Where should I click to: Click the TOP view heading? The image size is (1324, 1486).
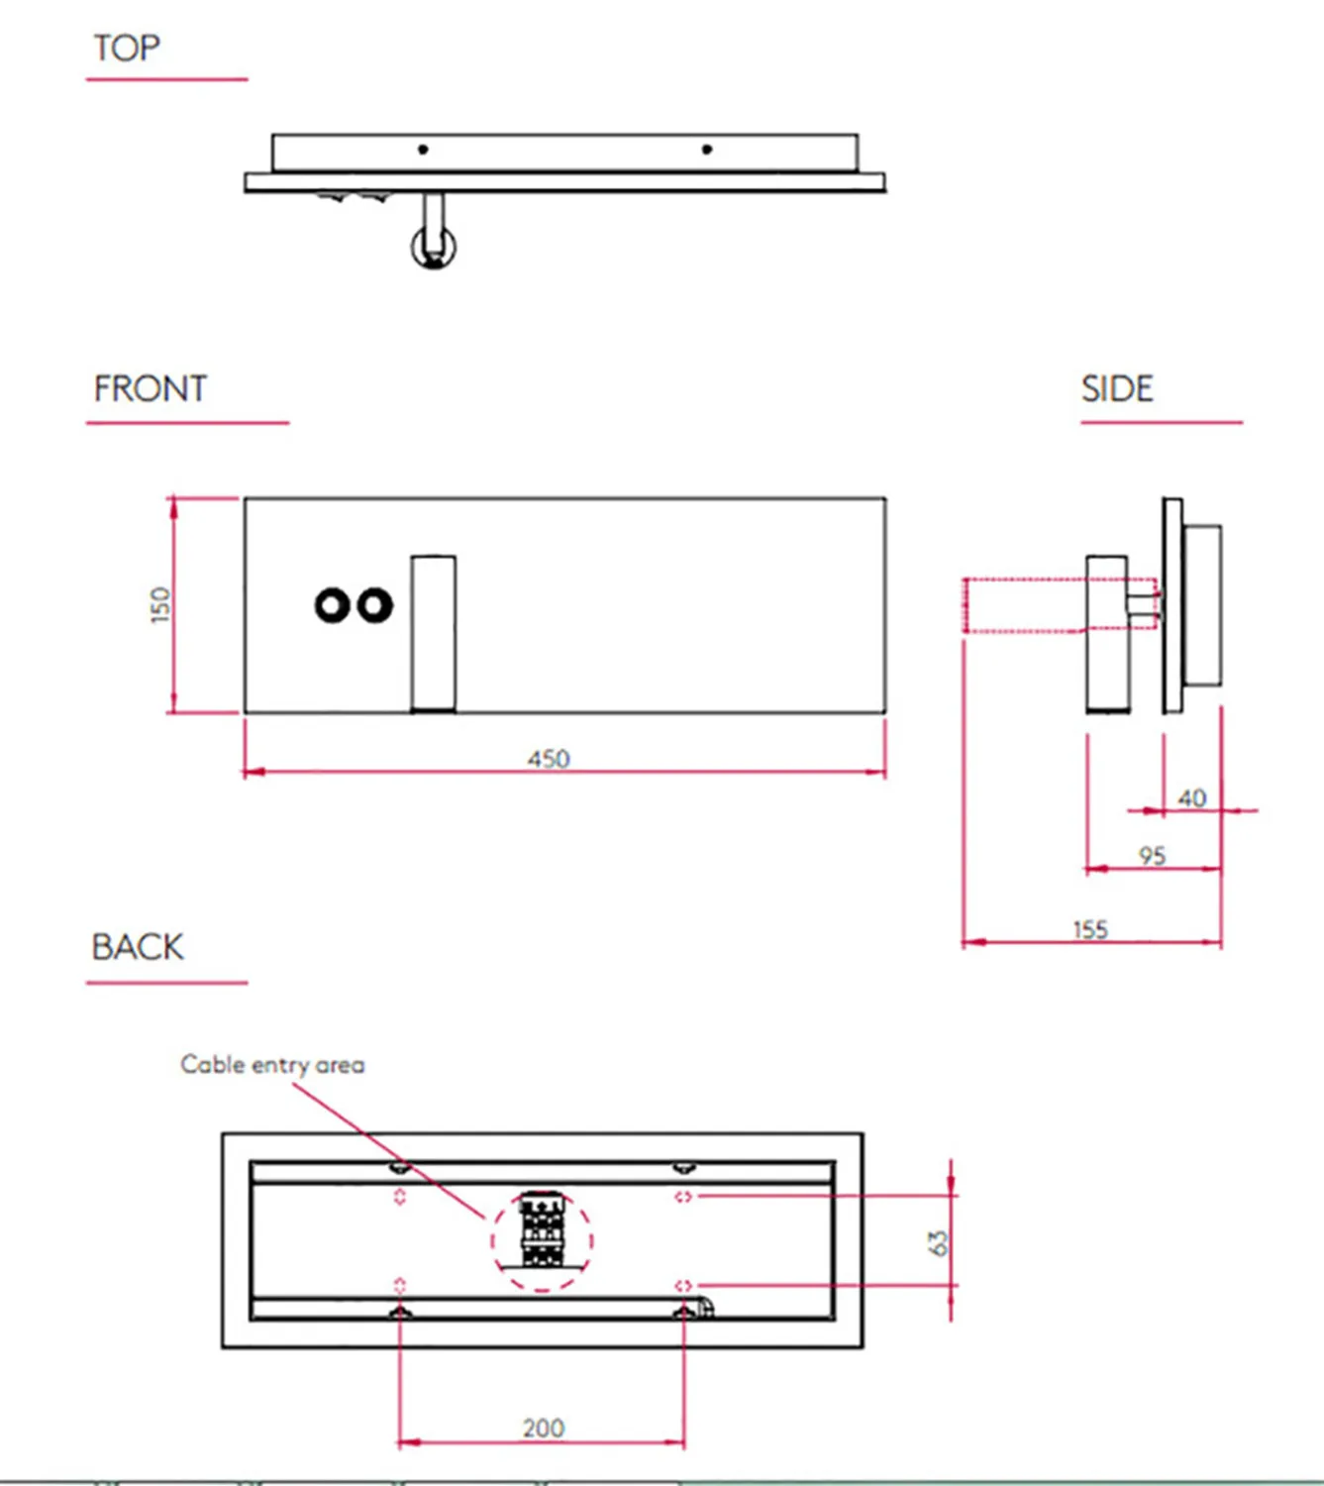pyautogui.click(x=127, y=48)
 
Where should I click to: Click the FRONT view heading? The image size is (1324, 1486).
pyautogui.click(x=151, y=388)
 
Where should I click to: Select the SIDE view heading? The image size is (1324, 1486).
pyautogui.click(x=1117, y=388)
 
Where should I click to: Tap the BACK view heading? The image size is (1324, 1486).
pyautogui.click(x=138, y=947)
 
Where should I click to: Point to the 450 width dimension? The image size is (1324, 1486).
pyautogui.click(x=549, y=759)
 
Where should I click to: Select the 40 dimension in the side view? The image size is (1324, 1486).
pyautogui.click(x=1192, y=797)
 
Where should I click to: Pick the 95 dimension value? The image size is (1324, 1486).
pyautogui.click(x=1152, y=855)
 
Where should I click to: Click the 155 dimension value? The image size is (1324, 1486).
pyautogui.click(x=1090, y=929)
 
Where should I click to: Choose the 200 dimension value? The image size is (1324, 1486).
pyautogui.click(x=544, y=1428)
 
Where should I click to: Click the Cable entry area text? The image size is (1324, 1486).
pyautogui.click(x=272, y=1065)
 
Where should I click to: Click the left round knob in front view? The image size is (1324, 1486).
pyautogui.click(x=332, y=604)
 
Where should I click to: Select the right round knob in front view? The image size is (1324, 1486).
pyautogui.click(x=374, y=604)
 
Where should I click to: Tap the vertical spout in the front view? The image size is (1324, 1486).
pyautogui.click(x=434, y=632)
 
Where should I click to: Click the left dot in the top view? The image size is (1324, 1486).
pyautogui.click(x=423, y=150)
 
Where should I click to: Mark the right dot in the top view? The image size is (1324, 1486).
pyautogui.click(x=706, y=150)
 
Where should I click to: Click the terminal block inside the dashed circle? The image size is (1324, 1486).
pyautogui.click(x=542, y=1231)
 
